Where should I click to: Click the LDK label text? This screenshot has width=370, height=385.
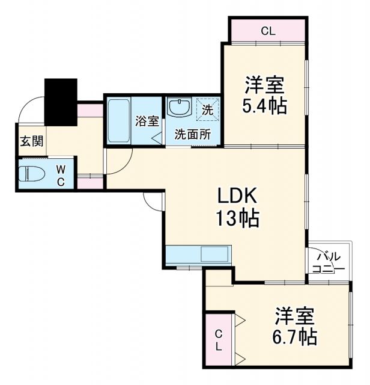(237, 196)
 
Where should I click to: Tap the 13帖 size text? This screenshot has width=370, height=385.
(237, 218)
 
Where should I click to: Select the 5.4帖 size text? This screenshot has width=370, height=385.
(264, 106)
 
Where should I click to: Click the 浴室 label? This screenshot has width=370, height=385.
(147, 120)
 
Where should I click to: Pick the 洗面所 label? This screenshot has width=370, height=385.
(192, 134)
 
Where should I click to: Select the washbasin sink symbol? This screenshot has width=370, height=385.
(178, 108)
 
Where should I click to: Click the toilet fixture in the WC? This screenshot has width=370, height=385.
(34, 174)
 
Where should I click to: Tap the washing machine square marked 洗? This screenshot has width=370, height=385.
(207, 110)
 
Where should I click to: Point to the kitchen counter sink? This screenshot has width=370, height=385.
(213, 254)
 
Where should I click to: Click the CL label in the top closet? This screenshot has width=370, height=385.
(268, 31)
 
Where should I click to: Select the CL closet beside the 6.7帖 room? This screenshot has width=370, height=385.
(219, 340)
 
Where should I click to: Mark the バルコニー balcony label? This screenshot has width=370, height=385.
(328, 262)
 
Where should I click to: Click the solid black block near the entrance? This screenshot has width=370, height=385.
(61, 102)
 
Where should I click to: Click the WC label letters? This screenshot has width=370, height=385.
(61, 174)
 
